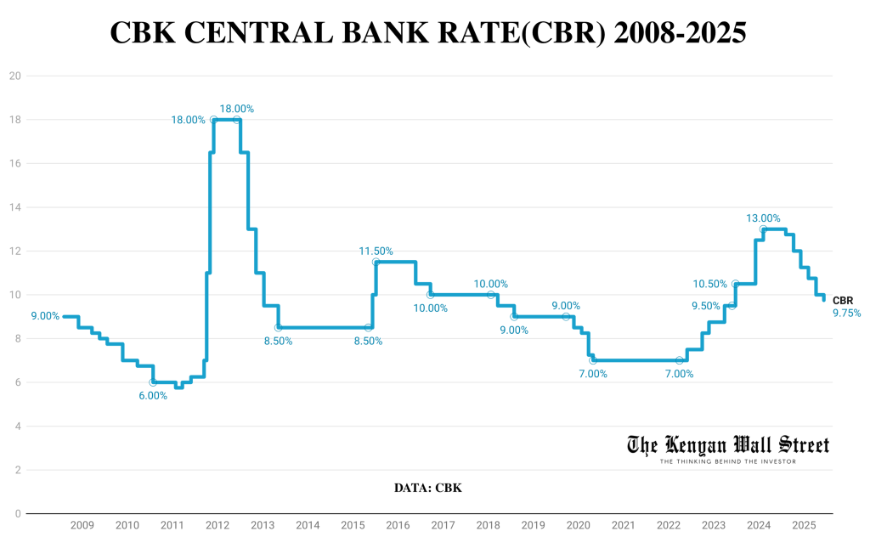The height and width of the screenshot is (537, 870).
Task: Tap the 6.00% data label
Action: (153, 396)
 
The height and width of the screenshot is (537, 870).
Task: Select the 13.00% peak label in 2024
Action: (763, 218)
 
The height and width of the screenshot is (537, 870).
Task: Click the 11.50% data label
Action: (376, 251)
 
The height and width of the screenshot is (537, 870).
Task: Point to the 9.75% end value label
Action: (846, 314)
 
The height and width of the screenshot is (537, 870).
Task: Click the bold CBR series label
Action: (843, 301)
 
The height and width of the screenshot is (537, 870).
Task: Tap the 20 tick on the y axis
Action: (14, 76)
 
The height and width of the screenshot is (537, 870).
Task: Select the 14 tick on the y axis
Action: (14, 207)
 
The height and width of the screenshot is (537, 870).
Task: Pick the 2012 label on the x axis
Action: (217, 527)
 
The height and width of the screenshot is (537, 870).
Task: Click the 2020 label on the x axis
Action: (578, 527)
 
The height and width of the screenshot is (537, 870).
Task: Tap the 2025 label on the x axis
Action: (803, 527)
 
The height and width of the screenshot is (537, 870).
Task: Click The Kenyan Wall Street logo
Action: (728, 444)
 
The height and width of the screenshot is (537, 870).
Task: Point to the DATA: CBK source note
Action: (427, 489)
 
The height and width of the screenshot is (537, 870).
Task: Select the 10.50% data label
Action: (711, 284)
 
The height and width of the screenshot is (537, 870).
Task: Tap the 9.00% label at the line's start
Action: (45, 316)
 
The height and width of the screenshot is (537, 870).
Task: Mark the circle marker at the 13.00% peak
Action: (763, 229)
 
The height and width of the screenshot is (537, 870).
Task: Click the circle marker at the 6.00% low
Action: (153, 382)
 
